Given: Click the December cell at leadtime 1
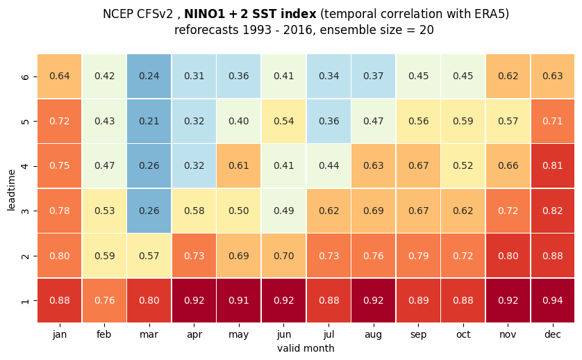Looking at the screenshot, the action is tap(553, 300).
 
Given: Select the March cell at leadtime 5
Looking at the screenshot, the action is tap(149, 121).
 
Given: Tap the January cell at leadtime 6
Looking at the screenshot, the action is tap(60, 76).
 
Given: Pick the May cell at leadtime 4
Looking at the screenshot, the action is tap(239, 166).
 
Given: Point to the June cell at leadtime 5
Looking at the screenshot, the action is tap(283, 121).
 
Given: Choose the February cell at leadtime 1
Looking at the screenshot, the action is tap(104, 300).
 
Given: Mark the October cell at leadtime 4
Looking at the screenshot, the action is tap(463, 166).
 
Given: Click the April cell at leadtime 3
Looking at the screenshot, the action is tap(194, 211).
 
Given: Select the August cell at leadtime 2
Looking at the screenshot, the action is tap(374, 256).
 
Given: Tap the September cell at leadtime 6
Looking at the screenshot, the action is tap(418, 76).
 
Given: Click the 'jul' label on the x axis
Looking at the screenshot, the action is tap(329, 335).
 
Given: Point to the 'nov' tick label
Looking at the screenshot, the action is tap(508, 335).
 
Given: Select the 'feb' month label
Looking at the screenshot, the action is tap(104, 334).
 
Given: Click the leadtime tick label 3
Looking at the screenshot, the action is tap(25, 211).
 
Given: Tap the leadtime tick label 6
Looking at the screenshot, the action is tap(25, 76).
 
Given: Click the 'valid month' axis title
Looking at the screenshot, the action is tap(306, 348).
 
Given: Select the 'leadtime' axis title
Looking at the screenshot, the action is tap(11, 190).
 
